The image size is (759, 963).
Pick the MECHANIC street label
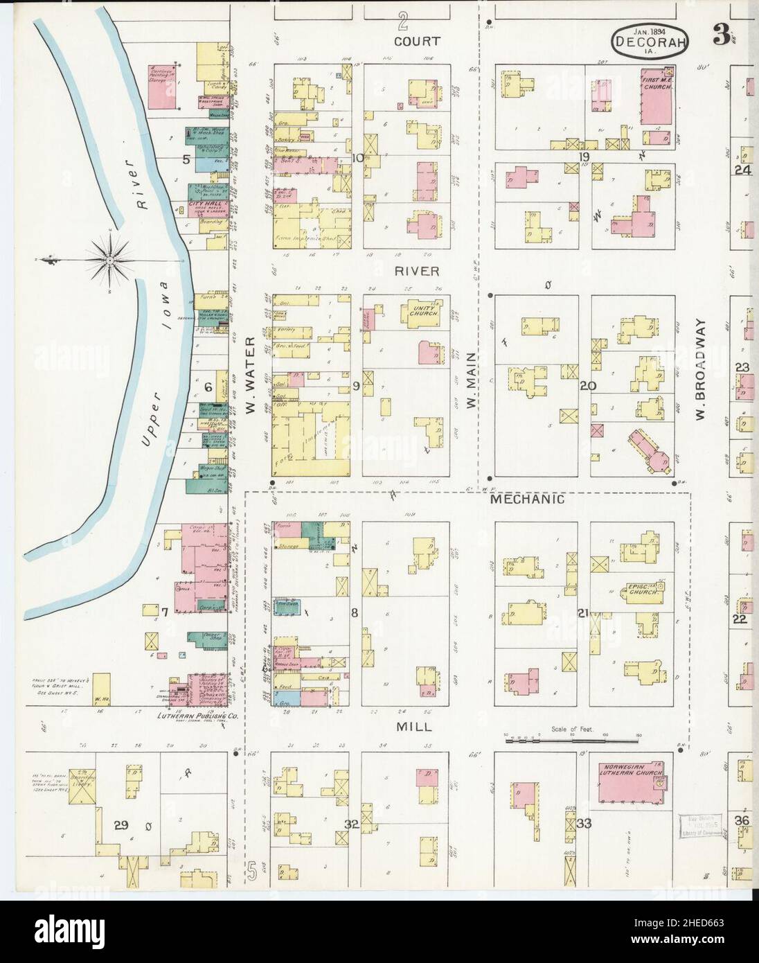[528, 499]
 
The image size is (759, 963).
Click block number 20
[586, 385]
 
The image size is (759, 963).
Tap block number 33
[584, 824]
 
